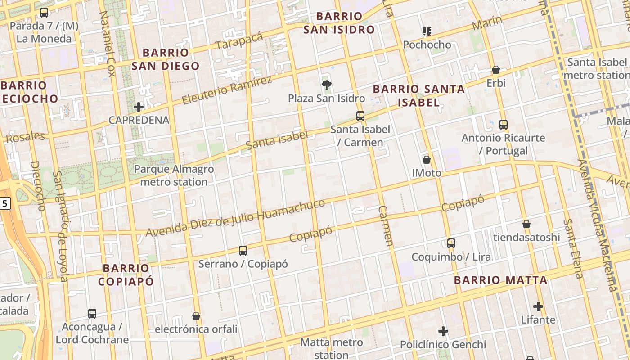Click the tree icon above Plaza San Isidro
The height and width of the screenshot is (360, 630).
tap(327, 85)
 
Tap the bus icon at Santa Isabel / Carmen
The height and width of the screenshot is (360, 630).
tap(360, 116)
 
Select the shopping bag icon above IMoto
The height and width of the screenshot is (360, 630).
tap(427, 160)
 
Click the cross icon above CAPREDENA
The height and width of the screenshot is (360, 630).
tap(139, 107)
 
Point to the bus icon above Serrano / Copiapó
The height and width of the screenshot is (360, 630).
tap(243, 251)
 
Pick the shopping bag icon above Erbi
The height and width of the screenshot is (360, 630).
tap(496, 70)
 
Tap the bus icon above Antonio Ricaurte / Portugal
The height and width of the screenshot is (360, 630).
tap(504, 124)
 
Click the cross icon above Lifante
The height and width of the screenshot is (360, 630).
tap(538, 307)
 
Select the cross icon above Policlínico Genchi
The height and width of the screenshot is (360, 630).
tap(443, 332)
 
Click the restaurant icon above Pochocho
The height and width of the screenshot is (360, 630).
tap(427, 31)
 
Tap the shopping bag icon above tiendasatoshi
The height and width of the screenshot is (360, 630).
tap(526, 224)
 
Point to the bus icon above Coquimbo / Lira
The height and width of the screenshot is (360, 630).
tap(451, 243)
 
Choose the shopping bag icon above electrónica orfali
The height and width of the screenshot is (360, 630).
tap(196, 316)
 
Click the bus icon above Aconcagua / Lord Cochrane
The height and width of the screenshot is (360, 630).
tap(92, 314)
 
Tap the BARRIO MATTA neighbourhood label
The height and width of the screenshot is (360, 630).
tap(500, 280)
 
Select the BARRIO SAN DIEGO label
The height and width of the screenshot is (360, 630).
tap(166, 59)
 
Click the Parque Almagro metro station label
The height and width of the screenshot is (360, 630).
tap(174, 175)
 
